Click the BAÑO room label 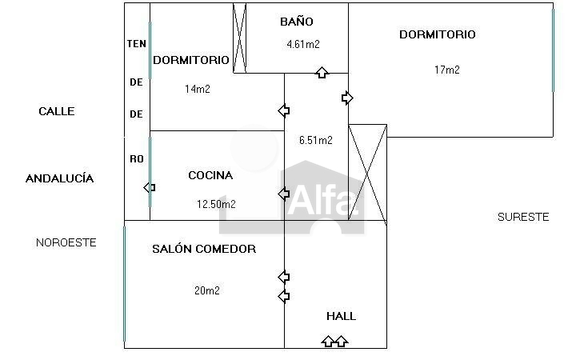(296, 22)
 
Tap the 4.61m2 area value (303, 45)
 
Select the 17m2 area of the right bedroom (446, 70)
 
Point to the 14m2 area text (197, 89)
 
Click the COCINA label (210, 175)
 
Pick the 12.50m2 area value (216, 204)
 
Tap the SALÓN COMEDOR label (204, 249)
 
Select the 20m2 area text (206, 290)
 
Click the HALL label (341, 316)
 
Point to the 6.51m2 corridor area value (315, 140)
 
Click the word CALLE (57, 111)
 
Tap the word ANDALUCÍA (59, 178)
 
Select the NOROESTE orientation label (66, 242)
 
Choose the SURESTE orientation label (523, 217)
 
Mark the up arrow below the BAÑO (322, 73)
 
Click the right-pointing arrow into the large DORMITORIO (347, 98)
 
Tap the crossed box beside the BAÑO (238, 38)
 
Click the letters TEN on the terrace (136, 43)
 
